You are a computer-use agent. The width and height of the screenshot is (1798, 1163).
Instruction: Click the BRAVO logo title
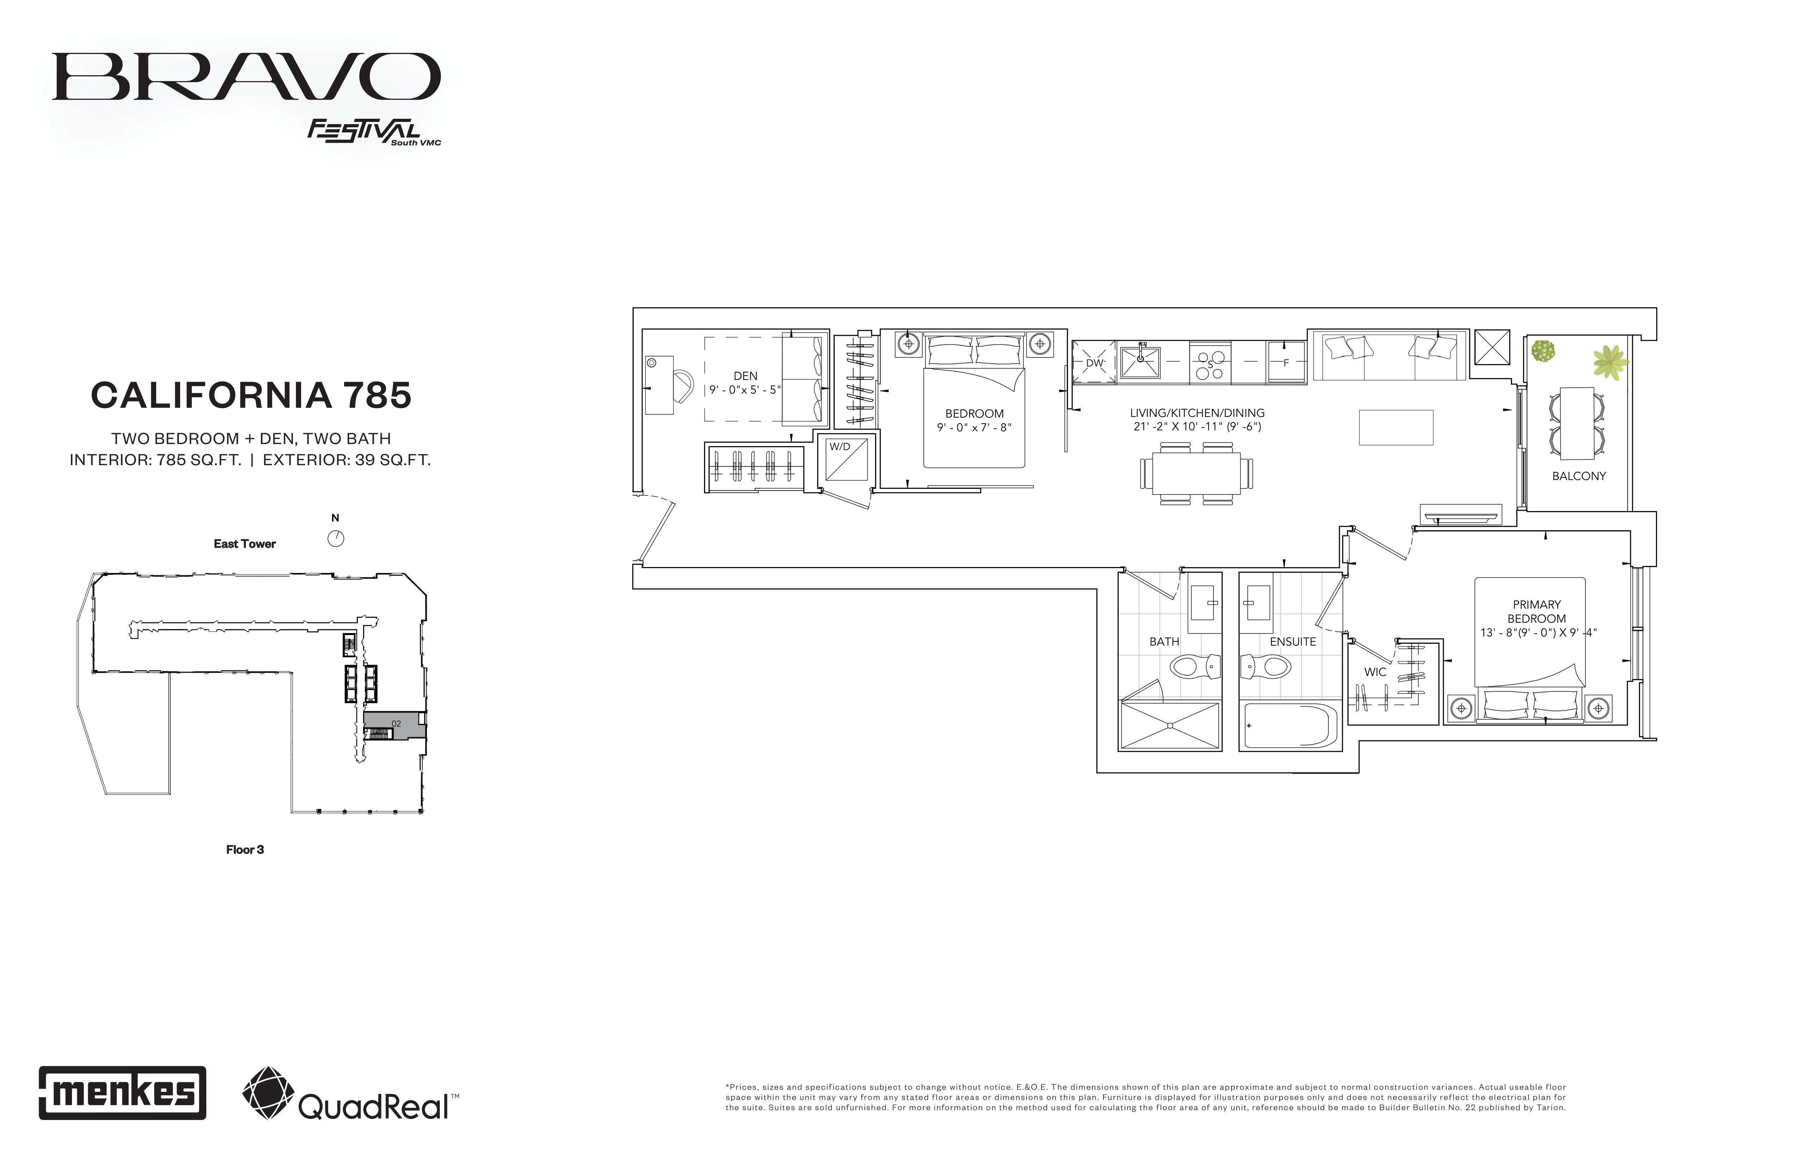[x=246, y=76]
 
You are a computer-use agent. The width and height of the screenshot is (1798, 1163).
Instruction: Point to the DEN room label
[x=745, y=375]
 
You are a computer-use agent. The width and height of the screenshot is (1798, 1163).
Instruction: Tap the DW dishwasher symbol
[x=1094, y=363]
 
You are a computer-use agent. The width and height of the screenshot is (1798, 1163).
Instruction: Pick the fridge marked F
[x=1286, y=363]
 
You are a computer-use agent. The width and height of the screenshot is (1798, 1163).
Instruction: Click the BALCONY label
[x=1579, y=476]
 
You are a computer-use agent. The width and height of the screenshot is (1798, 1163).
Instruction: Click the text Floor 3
[x=245, y=850]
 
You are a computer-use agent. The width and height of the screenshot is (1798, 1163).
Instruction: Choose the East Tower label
[x=245, y=544]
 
